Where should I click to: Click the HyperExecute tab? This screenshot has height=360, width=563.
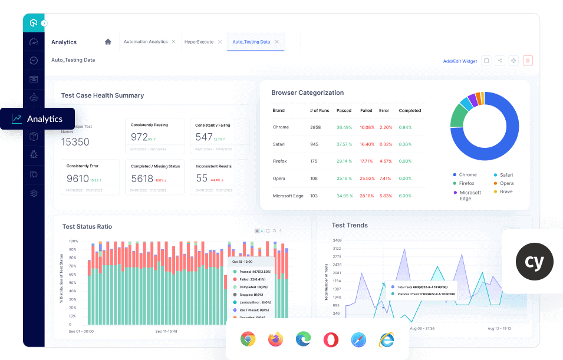[199, 42]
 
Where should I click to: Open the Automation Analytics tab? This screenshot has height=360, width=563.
[146, 42]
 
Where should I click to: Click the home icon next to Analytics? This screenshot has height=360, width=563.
[108, 42]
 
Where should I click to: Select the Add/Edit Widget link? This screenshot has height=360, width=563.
[460, 61]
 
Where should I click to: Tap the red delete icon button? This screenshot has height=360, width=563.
[528, 61]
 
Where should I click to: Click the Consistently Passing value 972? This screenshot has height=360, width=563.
[139, 137]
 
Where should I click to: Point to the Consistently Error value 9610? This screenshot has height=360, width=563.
[77, 179]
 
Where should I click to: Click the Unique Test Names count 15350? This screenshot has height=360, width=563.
[75, 142]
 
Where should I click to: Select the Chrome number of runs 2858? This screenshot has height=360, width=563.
[315, 127]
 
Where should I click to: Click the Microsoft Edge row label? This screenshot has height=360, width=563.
[288, 196]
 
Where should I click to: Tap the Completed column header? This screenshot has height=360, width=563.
[410, 111]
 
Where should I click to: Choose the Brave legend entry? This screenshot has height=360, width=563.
[506, 191]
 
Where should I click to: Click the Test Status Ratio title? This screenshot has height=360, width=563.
[87, 227]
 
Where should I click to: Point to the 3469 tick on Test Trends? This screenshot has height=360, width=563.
[337, 240]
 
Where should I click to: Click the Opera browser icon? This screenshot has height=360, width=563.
[331, 339]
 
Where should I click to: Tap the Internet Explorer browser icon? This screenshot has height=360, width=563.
[386, 339]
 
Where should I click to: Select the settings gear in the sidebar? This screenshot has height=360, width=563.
[34, 193]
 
